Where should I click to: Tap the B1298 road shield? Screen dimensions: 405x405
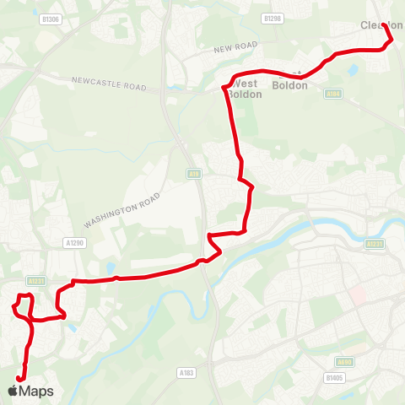point(271,18)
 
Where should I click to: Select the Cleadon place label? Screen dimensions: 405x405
point(381,25)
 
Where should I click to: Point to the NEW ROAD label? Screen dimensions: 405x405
point(235,49)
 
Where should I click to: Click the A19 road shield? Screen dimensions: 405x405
point(192,172)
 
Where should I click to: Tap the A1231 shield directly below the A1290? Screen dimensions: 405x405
point(35,281)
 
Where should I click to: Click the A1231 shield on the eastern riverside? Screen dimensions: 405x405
point(375,243)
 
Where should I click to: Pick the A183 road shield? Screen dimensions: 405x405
point(186,371)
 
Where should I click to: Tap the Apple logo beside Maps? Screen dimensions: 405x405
point(13,391)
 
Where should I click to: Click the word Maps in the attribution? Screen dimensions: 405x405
point(36,391)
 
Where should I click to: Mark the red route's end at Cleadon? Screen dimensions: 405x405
point(385,25)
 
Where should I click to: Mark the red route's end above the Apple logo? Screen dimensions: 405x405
point(19,378)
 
